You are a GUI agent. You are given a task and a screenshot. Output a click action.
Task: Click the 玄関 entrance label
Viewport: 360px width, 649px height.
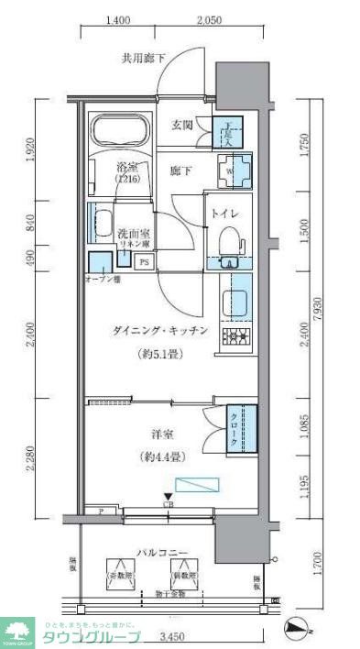(181, 126)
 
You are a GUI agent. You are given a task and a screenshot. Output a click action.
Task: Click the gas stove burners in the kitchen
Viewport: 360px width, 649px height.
(235, 337)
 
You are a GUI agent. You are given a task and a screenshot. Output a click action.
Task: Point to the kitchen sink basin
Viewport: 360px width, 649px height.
(234, 301)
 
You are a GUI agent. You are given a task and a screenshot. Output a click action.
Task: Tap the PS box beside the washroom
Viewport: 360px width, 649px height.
(144, 262)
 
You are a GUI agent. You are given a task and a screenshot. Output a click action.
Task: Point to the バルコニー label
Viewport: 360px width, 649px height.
(163, 552)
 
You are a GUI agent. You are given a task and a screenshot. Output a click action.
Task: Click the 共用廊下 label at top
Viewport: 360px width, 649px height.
(144, 60)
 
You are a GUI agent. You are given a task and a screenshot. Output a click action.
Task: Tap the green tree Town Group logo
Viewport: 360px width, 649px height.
(16, 630)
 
